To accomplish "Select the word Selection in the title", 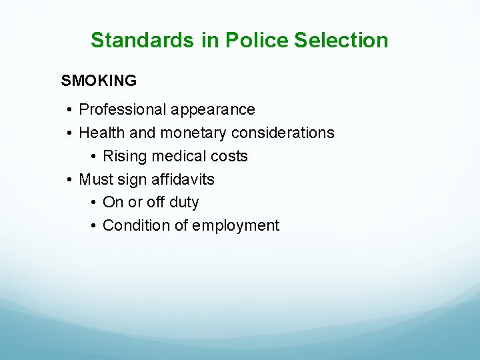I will click(x=341, y=40).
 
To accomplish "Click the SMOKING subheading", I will click(x=99, y=81).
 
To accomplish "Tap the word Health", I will click(x=102, y=133).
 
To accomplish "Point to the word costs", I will click(x=230, y=156).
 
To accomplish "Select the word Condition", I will click(x=137, y=225).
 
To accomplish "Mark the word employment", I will click(x=236, y=225).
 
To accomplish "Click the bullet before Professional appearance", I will click(x=70, y=109).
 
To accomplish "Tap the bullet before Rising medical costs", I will click(x=94, y=156).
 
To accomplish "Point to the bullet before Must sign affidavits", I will click(x=70, y=179).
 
